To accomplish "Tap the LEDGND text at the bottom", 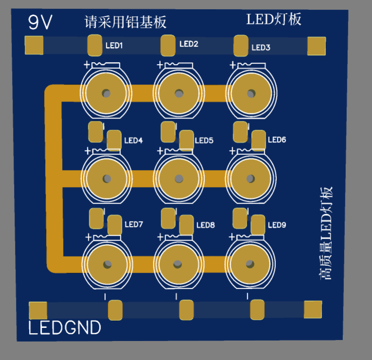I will click(65, 328).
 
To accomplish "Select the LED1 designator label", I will click(114, 46).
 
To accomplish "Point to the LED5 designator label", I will click(204, 141).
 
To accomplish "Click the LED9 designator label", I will click(277, 225).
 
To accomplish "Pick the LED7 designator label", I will click(134, 224).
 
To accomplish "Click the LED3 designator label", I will click(261, 48).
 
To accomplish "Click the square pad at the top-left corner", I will click(34, 46).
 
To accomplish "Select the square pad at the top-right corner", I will click(316, 46).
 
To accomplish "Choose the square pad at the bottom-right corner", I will click(313, 309).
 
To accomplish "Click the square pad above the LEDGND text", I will click(38, 310).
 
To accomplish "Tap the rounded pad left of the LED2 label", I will click(168, 45).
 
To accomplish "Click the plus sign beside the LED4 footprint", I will click(87, 151).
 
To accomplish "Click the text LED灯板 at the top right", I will click(274, 19).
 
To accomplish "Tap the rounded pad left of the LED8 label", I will click(186, 224).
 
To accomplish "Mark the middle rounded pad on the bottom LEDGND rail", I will click(186, 310).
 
